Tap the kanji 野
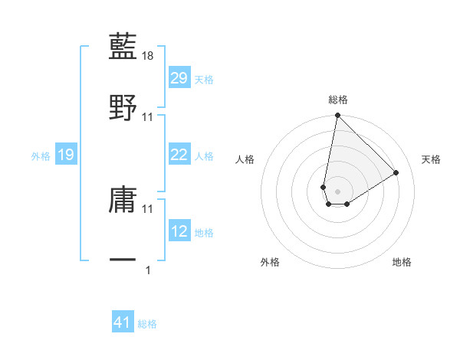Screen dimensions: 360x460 point(123,107)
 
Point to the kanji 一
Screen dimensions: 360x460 point(123,260)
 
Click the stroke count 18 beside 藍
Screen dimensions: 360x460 point(149,55)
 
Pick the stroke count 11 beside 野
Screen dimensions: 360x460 point(149,116)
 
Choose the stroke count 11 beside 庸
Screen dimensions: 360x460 point(149,208)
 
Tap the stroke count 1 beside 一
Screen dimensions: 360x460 point(149,270)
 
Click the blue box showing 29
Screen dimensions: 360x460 point(179,78)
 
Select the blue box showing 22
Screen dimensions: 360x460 point(179,155)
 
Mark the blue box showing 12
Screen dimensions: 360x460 point(179,231)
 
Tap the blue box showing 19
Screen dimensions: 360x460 point(66,155)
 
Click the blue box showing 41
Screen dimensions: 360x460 point(123,322)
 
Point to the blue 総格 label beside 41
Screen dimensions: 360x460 point(147,324)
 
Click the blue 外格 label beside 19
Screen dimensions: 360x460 point(41,155)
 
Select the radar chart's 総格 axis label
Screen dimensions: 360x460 point(337,100)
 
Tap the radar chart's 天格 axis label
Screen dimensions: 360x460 point(432,159)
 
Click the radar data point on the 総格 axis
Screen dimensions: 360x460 point(337,116)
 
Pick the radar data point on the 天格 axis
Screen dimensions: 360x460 point(396,172)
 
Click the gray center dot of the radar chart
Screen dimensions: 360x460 point(337,190)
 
